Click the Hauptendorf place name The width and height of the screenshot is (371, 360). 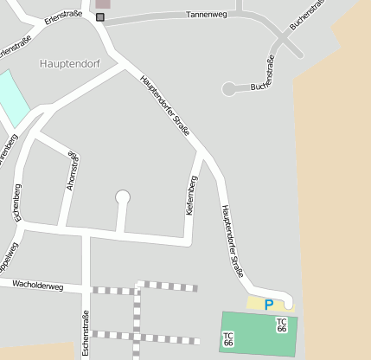[69, 63]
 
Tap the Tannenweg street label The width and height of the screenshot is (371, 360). [206, 16]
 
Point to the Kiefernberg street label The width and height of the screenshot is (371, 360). [192, 196]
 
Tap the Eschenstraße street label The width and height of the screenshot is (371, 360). [85, 334]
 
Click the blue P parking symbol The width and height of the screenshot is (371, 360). [269, 304]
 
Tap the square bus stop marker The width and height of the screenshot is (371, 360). [100, 17]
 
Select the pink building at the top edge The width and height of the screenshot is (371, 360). [103, 3]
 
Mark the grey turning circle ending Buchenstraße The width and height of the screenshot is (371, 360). [229, 88]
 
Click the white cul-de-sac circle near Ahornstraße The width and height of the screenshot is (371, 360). [123, 197]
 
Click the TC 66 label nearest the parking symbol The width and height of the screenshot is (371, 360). [281, 325]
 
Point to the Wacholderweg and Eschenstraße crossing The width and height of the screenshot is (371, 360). [85, 288]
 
